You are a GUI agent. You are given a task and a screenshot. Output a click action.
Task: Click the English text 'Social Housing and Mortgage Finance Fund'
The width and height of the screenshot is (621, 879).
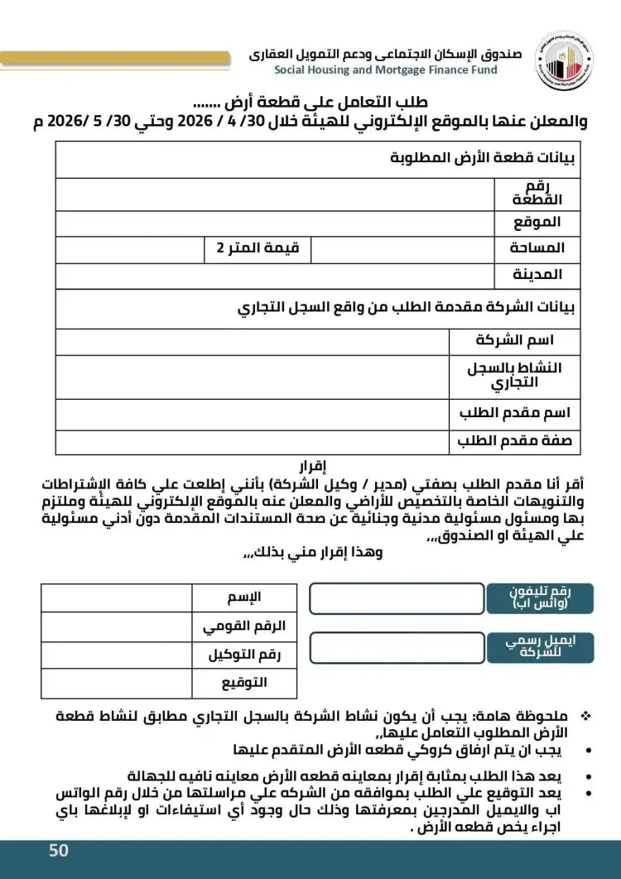[386, 70]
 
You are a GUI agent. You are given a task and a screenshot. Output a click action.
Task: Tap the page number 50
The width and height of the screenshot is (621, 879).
[59, 851]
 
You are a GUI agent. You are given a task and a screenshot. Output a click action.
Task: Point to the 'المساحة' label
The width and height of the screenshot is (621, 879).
[537, 247]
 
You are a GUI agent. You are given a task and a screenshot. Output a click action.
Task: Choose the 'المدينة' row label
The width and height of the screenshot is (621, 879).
[537, 274]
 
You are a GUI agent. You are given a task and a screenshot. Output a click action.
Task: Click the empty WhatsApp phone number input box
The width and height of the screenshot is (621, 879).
[397, 598]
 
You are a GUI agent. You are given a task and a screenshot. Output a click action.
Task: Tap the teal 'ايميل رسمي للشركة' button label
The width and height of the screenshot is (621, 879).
[541, 647]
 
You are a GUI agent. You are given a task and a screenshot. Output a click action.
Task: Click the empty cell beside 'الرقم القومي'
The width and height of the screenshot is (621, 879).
[116, 627]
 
